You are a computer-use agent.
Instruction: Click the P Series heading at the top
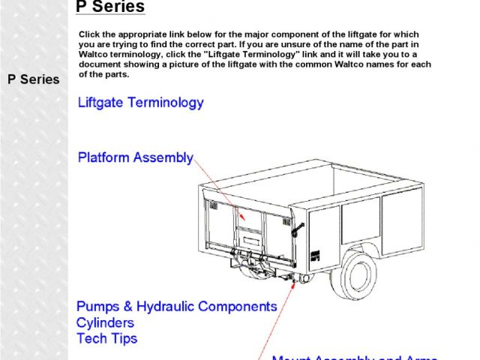(110, 7)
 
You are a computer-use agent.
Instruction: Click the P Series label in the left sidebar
(34, 79)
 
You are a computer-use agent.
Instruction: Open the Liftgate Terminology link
(140, 103)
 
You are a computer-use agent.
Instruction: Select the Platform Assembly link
(136, 157)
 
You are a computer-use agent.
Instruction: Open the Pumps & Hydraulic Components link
(177, 307)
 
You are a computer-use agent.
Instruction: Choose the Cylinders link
(105, 322)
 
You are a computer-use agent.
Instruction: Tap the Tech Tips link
(107, 338)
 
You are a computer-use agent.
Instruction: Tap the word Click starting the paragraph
(89, 35)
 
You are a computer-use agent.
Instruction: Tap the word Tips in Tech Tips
(124, 338)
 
